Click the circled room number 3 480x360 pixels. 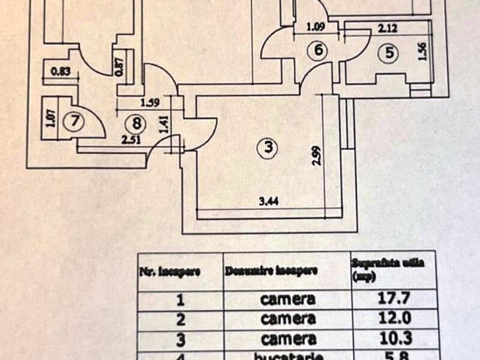(268, 146)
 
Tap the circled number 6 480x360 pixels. (319, 52)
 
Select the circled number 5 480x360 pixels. (389, 53)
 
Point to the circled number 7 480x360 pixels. (74, 121)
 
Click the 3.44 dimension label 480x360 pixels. (272, 203)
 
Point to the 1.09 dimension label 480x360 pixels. (316, 27)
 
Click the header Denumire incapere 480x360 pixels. (271, 271)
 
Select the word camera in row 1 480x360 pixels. (287, 299)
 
